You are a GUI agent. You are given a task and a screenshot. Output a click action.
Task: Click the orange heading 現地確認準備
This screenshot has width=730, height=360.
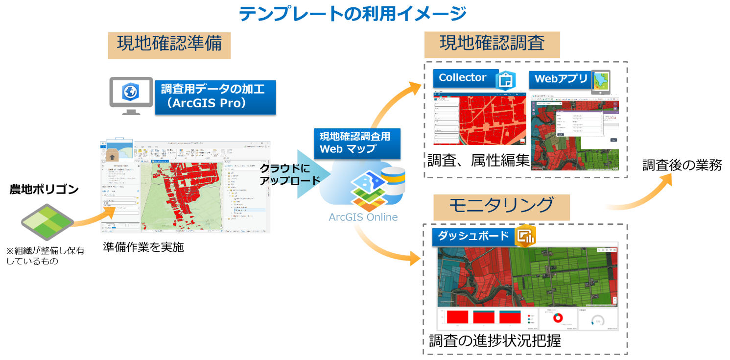169,45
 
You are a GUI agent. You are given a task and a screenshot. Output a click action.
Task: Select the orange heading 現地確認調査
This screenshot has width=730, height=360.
492,44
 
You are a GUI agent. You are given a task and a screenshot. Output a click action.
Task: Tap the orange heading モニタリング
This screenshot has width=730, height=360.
501,206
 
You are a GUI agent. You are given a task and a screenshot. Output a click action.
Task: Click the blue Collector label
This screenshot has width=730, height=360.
463,78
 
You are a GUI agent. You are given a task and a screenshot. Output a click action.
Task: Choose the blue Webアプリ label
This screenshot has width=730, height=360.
560,79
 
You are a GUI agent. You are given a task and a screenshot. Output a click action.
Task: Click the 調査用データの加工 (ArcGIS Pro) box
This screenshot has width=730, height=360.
215,97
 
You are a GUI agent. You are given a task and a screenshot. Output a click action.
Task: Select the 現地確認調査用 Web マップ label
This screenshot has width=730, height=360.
356,143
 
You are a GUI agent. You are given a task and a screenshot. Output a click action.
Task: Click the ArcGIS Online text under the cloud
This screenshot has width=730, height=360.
363,217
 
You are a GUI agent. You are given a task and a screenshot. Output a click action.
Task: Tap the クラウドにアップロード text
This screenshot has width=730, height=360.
284,174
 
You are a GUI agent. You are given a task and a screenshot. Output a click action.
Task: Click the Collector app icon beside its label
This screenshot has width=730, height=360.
506,80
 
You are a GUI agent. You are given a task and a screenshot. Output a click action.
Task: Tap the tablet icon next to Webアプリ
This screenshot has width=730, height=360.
601,81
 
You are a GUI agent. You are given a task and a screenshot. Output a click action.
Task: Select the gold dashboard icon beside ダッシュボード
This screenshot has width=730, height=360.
526,236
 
